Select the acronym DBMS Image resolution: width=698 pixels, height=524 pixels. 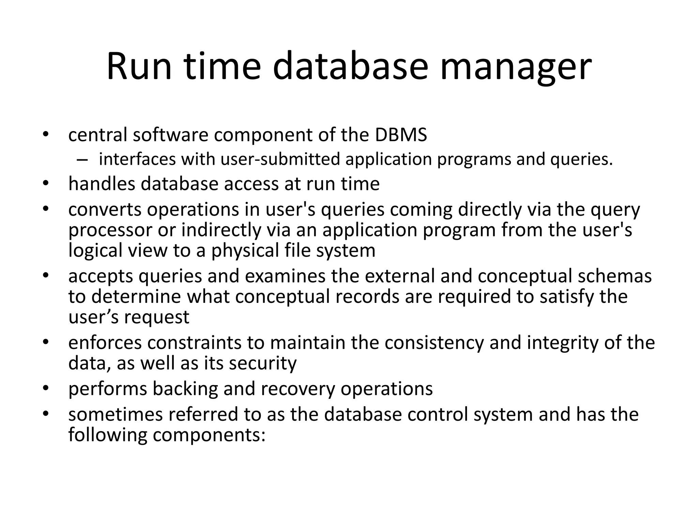pos(401,135)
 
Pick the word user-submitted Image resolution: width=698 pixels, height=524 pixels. pos(280,159)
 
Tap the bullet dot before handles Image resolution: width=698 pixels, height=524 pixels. pos(46,184)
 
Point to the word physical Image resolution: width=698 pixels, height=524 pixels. pos(242,251)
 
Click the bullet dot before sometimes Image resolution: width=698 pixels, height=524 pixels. pos(46,414)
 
